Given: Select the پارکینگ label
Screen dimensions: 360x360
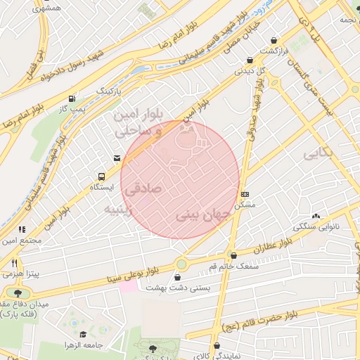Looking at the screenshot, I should [108, 91].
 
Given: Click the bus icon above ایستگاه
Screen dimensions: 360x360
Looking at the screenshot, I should [103, 176].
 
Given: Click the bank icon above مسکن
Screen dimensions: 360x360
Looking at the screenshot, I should [244, 193].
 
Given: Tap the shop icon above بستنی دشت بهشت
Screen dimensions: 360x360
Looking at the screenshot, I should [167, 278].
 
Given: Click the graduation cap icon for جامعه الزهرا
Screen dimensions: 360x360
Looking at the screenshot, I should [84, 334].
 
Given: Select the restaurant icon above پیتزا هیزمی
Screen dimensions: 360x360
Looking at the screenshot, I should [14, 262].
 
